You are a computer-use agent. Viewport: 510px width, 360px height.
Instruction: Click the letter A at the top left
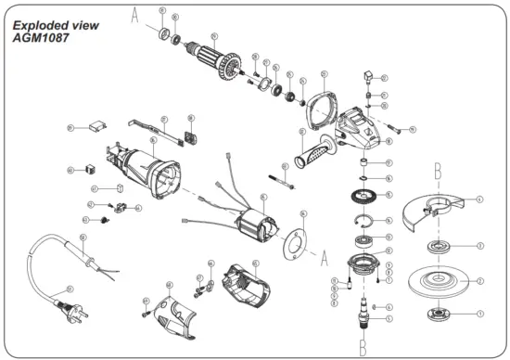click(134, 15)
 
